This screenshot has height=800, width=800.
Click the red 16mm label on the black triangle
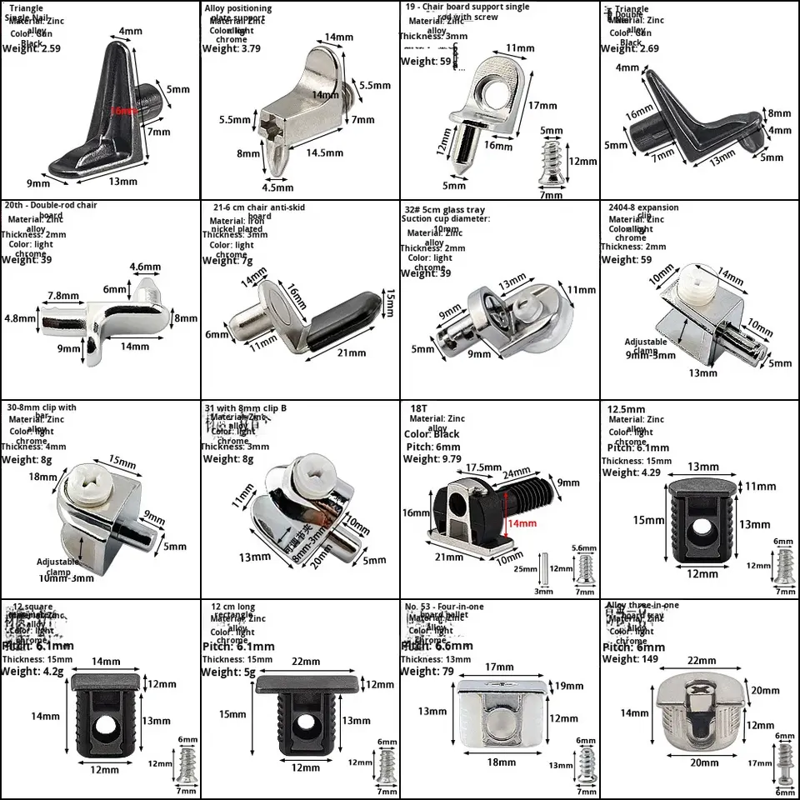tap(125, 111)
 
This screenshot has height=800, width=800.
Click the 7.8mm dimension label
tap(63, 296)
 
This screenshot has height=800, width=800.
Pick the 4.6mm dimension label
tap(144, 267)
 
